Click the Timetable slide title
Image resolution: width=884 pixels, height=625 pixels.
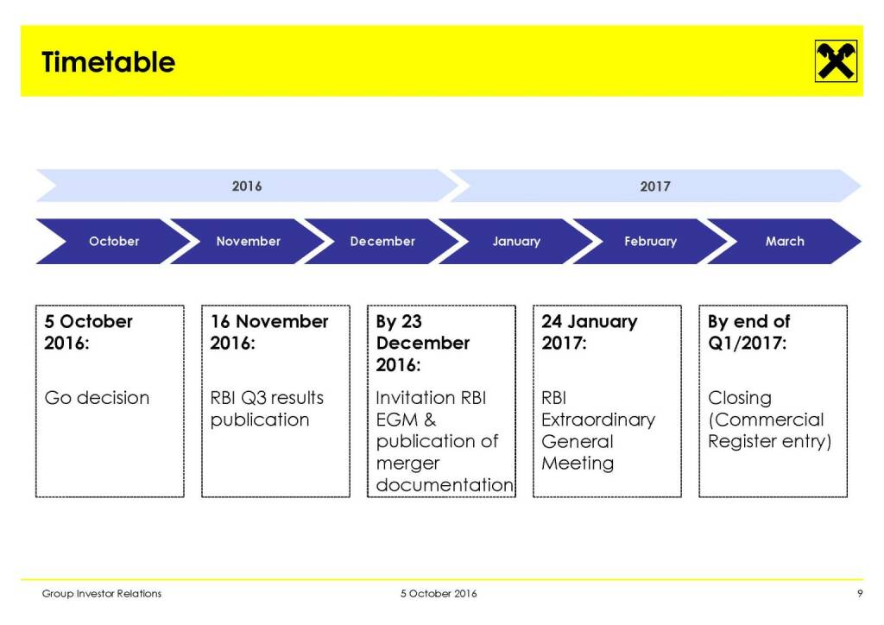pos(108,62)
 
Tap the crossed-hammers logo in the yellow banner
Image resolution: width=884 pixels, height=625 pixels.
pos(836,61)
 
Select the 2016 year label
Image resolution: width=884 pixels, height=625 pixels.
pos(246,186)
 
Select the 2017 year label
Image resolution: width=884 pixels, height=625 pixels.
pos(654,186)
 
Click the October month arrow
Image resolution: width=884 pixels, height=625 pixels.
pos(114,241)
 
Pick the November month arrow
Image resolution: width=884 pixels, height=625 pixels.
pos(248,241)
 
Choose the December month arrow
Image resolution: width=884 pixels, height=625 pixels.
pos(382,241)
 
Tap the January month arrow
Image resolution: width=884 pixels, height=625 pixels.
pos(516,241)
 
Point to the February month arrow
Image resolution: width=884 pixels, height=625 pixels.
pos(651,241)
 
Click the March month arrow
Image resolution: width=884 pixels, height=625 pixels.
pos(785,241)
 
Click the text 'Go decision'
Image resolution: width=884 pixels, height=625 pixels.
pos(97,398)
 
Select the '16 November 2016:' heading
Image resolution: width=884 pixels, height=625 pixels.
pos(269,332)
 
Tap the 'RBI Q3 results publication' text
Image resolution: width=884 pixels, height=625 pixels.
pos(267,408)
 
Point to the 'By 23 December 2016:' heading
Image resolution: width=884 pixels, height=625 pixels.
pos(423,343)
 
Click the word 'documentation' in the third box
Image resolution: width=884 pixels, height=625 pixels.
pos(445,484)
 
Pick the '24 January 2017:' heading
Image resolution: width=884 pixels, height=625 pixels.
pos(589,332)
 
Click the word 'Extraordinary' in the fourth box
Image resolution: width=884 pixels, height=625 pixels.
pos(598,420)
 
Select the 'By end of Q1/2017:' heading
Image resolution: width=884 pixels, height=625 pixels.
pos(748,332)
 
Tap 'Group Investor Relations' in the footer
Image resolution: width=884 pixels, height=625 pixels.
pos(102,593)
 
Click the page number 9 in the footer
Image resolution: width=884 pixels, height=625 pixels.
pos(860,593)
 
